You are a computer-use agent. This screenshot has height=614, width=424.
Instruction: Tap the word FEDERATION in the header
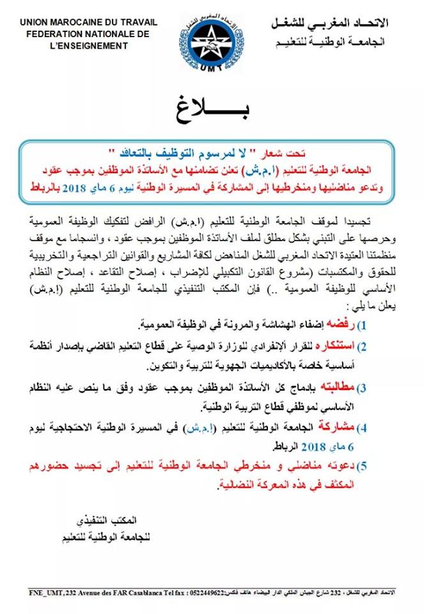pos(46,34)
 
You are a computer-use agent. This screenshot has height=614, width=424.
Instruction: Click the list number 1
pos(362,326)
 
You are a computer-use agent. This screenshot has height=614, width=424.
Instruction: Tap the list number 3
pos(362,388)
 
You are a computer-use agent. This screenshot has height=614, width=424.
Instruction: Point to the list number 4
pos(362,427)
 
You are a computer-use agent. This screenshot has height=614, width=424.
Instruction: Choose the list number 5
pos(362,468)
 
